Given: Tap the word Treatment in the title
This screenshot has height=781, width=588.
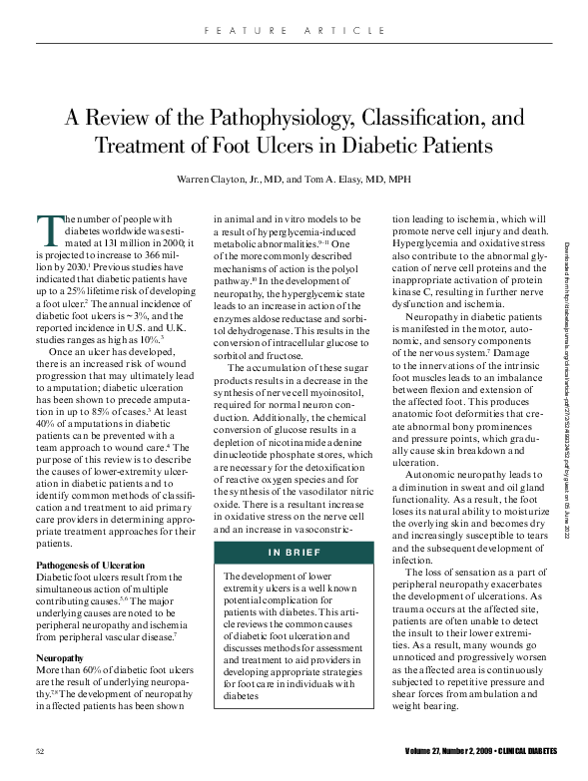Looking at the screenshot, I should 140,146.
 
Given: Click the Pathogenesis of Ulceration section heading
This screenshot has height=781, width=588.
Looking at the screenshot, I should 97,565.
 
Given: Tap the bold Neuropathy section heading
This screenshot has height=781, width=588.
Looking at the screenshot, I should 61,631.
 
